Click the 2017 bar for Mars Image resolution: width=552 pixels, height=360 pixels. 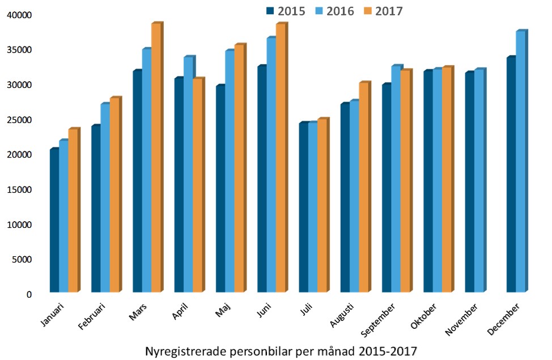tap(155, 158)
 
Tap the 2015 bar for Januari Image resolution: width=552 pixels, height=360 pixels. tap(54, 221)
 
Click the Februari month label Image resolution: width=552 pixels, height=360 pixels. tap(94, 315)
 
